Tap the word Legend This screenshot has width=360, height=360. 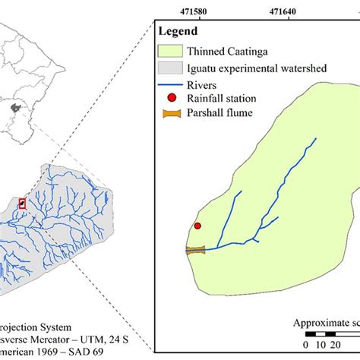178,31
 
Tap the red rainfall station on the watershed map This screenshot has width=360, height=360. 197,226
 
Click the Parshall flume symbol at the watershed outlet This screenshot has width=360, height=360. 196,249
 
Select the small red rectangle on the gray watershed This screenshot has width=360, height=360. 21,203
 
